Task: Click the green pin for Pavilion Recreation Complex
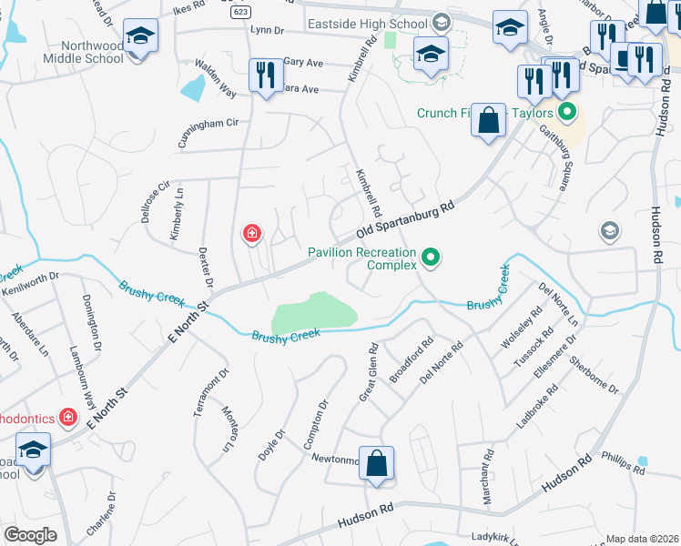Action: tap(431, 260)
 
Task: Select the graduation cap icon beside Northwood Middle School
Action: tap(139, 38)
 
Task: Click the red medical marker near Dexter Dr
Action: tap(251, 235)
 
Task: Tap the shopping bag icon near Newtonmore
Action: tap(376, 464)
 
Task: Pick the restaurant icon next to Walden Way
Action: tap(265, 76)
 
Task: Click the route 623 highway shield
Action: tap(241, 13)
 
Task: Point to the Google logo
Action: tap(31, 535)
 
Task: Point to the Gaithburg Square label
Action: tap(554, 157)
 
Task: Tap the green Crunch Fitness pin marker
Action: tap(567, 114)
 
